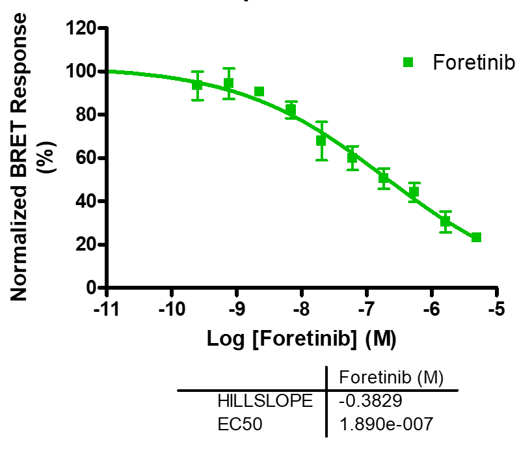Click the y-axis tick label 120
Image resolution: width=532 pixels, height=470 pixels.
coord(81,28)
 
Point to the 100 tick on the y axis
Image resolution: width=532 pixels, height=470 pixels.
coord(81,71)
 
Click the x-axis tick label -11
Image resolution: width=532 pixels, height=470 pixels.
coord(108,308)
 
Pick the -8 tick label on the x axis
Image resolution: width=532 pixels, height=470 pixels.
coord(302,308)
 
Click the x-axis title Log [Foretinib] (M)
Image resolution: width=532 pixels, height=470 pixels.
coord(302,339)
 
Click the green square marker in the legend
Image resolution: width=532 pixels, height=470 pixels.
coord(408,62)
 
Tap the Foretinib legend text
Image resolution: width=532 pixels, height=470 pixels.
coord(473,63)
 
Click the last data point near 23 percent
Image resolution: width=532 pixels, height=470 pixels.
coord(477,238)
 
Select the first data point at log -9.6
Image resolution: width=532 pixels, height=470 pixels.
coord(198,85)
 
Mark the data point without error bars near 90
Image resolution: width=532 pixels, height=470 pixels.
coord(259,92)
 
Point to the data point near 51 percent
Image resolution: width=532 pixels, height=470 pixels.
coord(384,177)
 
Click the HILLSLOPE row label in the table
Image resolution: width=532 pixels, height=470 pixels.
coord(266,400)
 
